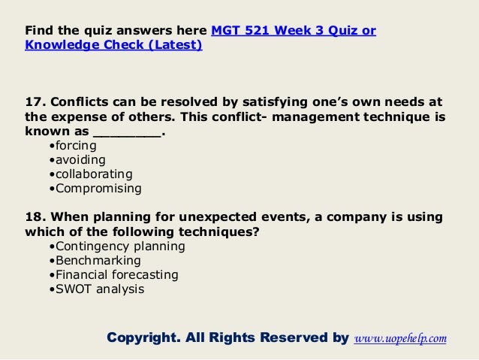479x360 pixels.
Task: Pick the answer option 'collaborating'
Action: (89, 174)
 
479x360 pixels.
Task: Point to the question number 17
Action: (35, 103)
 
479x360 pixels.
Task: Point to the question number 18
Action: (35, 217)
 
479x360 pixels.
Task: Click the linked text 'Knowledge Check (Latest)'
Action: (113, 45)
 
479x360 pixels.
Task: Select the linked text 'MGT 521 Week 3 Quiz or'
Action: (294, 31)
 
